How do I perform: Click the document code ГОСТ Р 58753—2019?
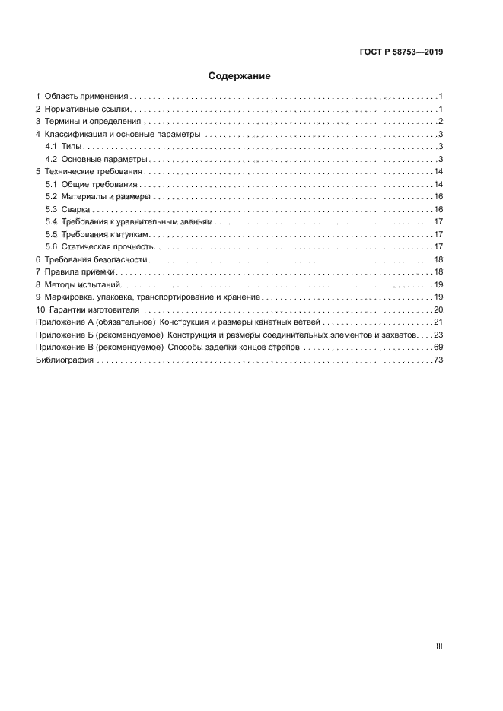click(x=401, y=52)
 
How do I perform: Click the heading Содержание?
click(x=240, y=76)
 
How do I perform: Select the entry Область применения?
click(x=86, y=97)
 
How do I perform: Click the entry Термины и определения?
click(x=92, y=122)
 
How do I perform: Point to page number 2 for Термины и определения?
click(x=441, y=122)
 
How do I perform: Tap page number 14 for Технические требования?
click(x=438, y=172)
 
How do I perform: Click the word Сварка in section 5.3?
click(x=76, y=209)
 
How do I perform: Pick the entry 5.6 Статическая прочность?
click(x=100, y=246)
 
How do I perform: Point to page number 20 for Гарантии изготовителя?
click(x=438, y=309)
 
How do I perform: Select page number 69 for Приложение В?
click(x=438, y=347)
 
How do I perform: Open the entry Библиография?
click(x=65, y=360)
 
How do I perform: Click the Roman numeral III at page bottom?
click(x=439, y=646)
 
